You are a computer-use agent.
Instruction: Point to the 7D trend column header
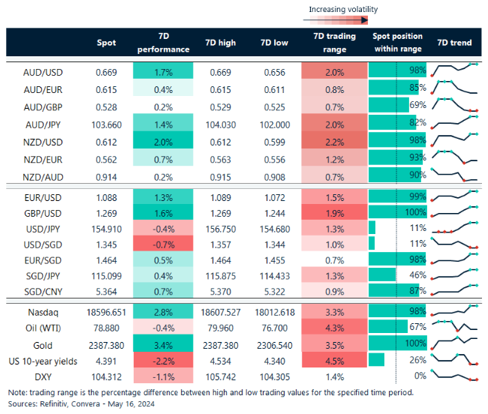point(454,43)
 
